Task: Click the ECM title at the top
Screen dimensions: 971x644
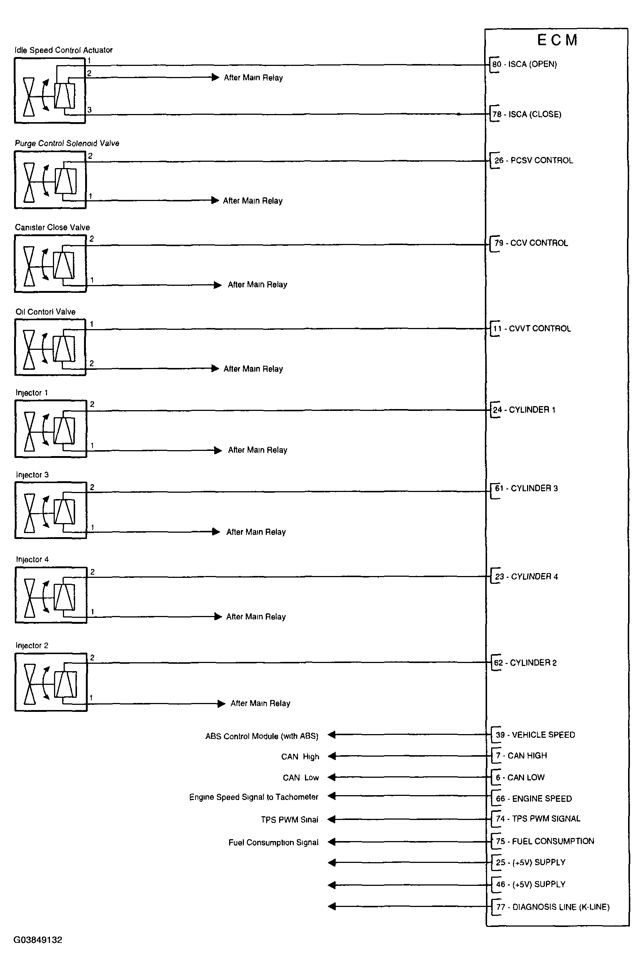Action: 557,40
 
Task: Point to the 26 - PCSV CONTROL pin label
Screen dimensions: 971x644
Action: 533,160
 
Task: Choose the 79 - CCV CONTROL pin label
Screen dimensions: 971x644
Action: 531,243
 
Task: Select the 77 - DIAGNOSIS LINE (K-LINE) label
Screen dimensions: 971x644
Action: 553,907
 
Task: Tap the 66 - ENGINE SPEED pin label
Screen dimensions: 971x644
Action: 533,798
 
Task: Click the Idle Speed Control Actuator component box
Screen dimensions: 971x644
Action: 50,90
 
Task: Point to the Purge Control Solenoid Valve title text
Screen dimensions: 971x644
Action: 67,143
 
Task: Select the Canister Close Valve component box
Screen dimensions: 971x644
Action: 50,263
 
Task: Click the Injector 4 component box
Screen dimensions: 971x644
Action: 51,595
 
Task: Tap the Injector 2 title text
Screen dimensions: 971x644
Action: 32,645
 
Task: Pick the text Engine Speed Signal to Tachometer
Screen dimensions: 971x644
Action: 254,797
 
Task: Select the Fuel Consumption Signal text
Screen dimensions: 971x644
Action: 273,843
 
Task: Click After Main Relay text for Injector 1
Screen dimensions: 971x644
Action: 258,450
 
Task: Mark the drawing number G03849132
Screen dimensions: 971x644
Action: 38,940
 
